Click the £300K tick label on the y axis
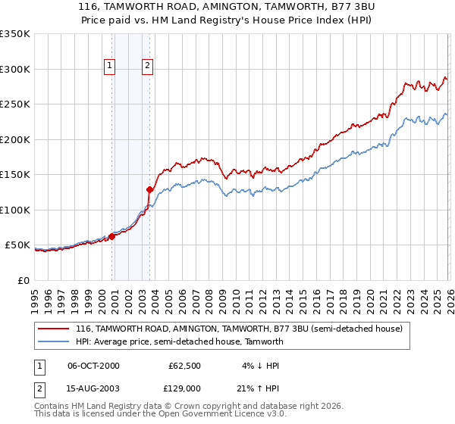[x=15, y=69]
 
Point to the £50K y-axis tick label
[x=17, y=245]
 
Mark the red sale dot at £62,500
[x=111, y=236]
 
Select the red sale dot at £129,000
[x=150, y=189]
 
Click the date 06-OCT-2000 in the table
[x=93, y=366]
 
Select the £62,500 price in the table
[x=184, y=366]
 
